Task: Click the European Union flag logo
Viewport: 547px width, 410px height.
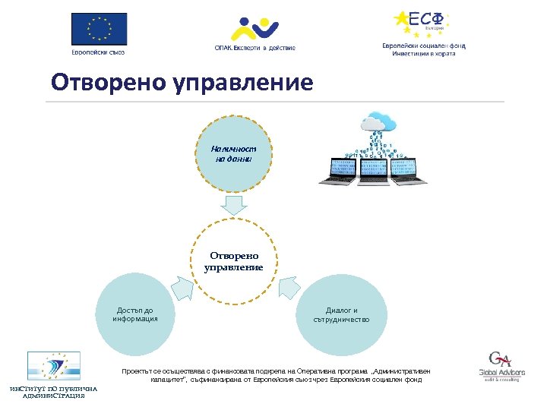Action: point(99,30)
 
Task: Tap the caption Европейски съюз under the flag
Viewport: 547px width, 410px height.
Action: point(99,52)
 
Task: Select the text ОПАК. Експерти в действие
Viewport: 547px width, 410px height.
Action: point(254,48)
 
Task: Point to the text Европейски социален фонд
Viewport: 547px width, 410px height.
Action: point(423,46)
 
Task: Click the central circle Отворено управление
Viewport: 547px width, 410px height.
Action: point(233,262)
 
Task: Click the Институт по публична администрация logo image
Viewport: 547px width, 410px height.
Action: point(53,365)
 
